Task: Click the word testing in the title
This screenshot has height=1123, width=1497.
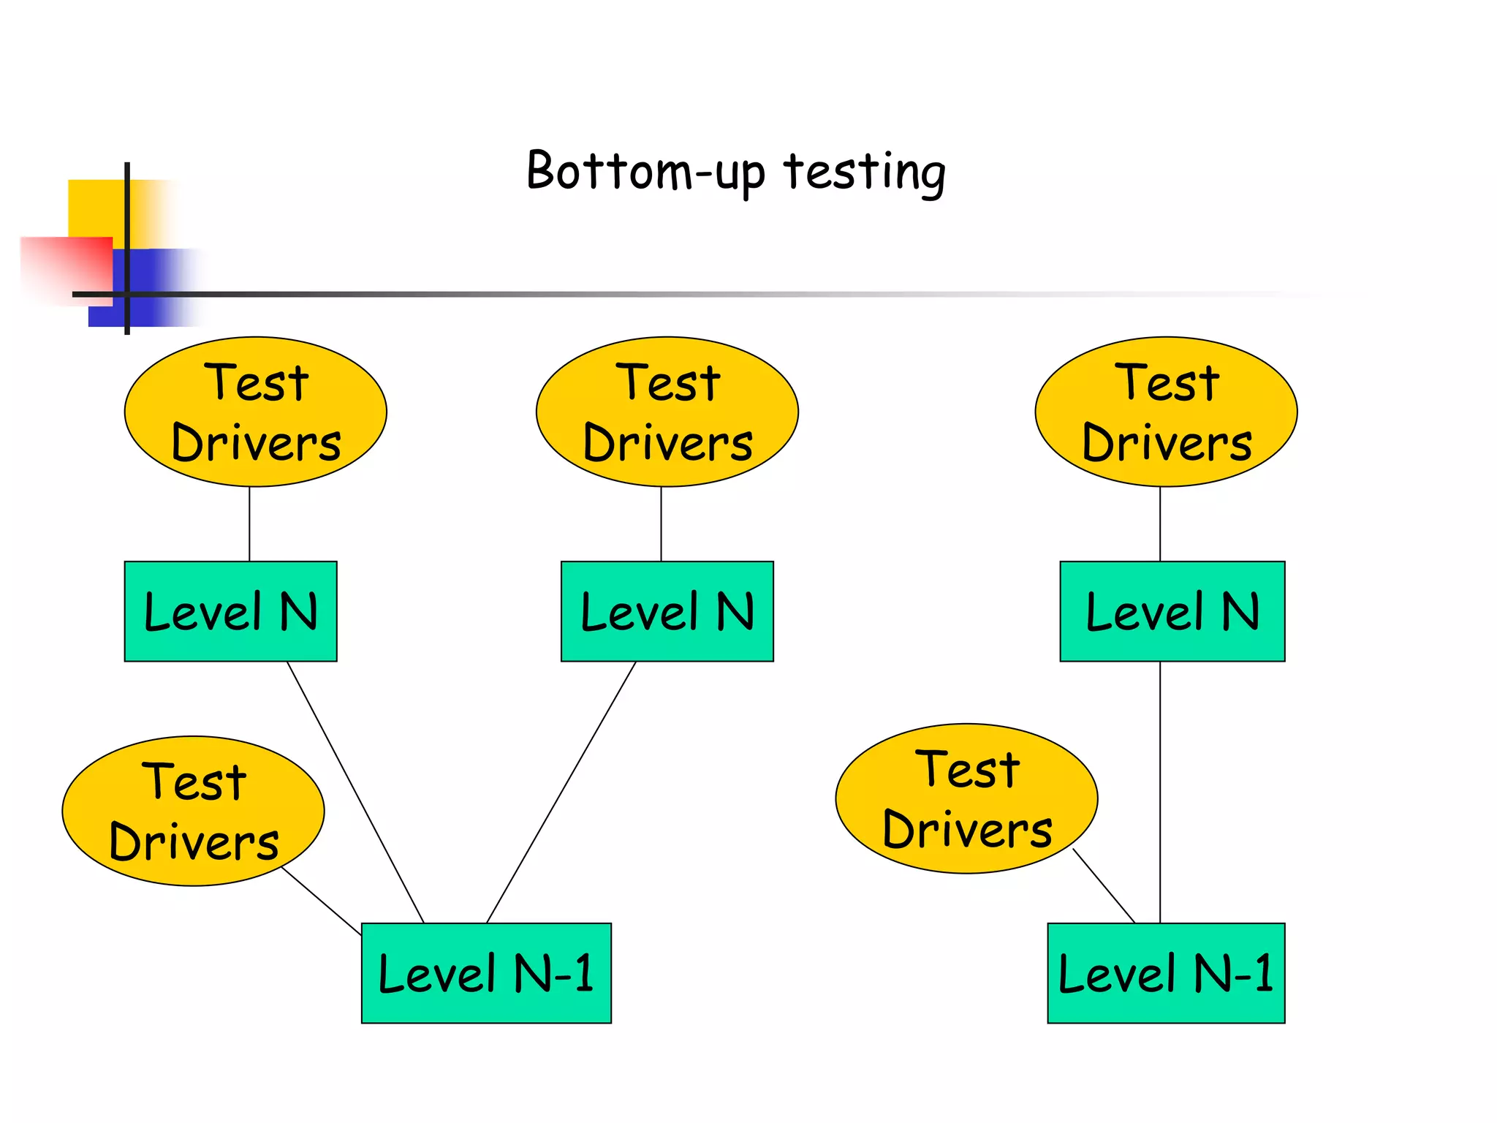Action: pos(864,173)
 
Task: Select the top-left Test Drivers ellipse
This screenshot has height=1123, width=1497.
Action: pos(255,412)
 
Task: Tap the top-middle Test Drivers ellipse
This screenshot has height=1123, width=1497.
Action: pos(667,412)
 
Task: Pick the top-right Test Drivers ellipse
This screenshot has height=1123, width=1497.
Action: pos(1166,412)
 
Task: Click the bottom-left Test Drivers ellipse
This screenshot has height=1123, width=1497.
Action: pos(193,811)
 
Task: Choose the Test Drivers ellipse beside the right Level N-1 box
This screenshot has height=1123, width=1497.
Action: pos(966,798)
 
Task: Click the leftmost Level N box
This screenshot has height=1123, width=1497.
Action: pos(230,611)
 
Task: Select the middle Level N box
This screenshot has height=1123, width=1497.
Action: pos(667,611)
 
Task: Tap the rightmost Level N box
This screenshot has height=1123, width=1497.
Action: pos(1172,611)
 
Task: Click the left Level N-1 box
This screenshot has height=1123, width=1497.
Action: pos(486,972)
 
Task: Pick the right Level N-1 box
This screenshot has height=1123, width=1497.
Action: pos(1166,972)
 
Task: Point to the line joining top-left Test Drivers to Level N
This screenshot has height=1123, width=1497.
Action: pos(249,523)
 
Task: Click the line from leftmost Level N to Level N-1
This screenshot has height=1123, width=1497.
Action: pos(355,792)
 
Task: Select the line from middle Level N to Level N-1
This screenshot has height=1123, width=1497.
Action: pos(561,792)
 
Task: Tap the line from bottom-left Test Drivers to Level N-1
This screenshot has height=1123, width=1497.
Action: pos(322,901)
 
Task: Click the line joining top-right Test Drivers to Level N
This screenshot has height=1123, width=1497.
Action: pos(1160,523)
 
